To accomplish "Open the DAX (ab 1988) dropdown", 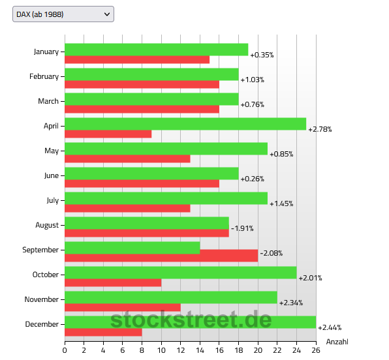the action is [x=63, y=14].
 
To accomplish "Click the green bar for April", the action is [x=185, y=124].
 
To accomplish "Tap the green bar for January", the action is [x=156, y=50].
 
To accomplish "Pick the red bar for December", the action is [x=103, y=332].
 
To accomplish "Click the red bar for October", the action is [x=113, y=282].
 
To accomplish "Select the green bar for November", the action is [x=171, y=297].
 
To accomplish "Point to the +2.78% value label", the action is [x=320, y=129].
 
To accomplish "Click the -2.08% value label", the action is [x=271, y=253].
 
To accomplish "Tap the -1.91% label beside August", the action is [x=242, y=228].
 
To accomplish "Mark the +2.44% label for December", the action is [x=330, y=327].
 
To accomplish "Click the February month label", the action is [x=44, y=76].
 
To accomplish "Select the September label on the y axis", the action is [x=40, y=250].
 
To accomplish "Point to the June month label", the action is [x=52, y=175].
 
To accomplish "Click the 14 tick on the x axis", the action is [x=200, y=350].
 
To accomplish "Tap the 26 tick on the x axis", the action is [x=316, y=350].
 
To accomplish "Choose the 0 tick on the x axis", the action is [x=65, y=350].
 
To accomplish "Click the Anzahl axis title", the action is [x=337, y=342].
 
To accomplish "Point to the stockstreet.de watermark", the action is [x=191, y=320].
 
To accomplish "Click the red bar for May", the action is [x=127, y=158].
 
